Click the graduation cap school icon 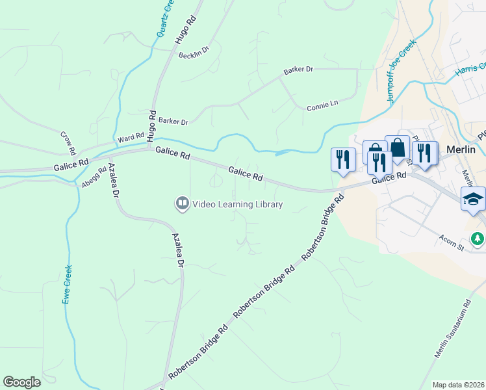click(x=472, y=199)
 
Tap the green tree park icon click(x=478, y=239)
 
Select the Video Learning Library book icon click(x=182, y=205)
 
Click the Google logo click(x=21, y=382)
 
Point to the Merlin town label click(x=461, y=149)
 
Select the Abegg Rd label click(x=94, y=177)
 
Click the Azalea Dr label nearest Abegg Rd click(x=114, y=180)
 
